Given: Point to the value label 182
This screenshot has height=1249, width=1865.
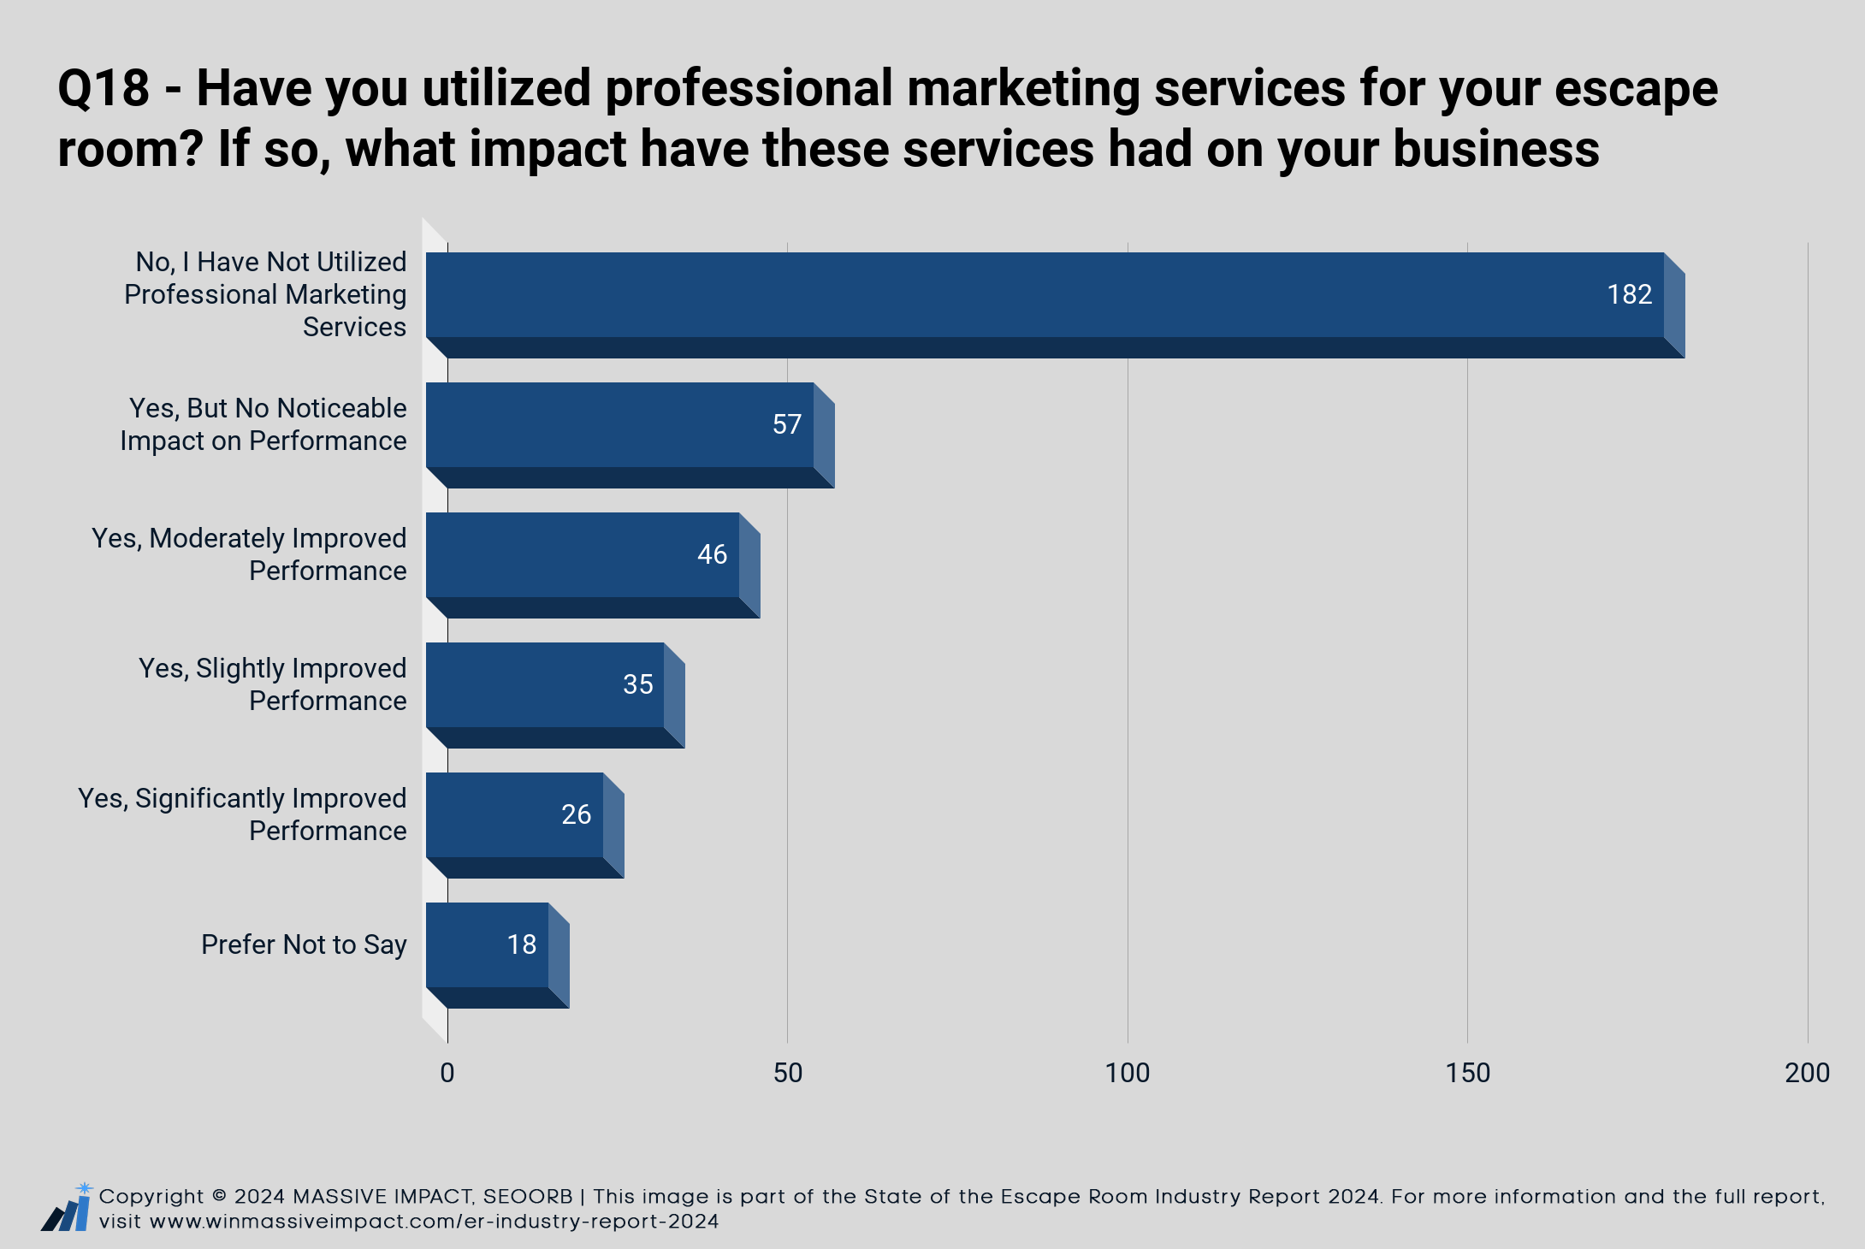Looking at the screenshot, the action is point(1629,294).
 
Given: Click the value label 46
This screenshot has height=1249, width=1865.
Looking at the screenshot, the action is point(712,554).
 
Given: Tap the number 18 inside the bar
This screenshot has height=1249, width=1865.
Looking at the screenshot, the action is point(521,944).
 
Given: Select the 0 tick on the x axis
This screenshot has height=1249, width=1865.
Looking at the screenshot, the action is point(447,1073).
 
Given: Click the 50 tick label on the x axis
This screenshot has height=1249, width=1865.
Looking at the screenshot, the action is point(788,1073).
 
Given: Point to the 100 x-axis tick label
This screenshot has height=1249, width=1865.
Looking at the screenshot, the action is point(1128,1073).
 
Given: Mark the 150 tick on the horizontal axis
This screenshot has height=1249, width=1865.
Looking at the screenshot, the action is point(1468,1073).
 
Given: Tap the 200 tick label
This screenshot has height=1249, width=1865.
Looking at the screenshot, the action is point(1808,1073).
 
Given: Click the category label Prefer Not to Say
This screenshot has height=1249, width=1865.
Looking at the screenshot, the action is point(304,944).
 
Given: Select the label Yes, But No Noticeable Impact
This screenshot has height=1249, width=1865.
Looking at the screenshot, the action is point(263,424).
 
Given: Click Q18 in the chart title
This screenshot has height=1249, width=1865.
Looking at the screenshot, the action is point(104,88).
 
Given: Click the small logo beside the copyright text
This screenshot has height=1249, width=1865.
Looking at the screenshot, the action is point(66,1207).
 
